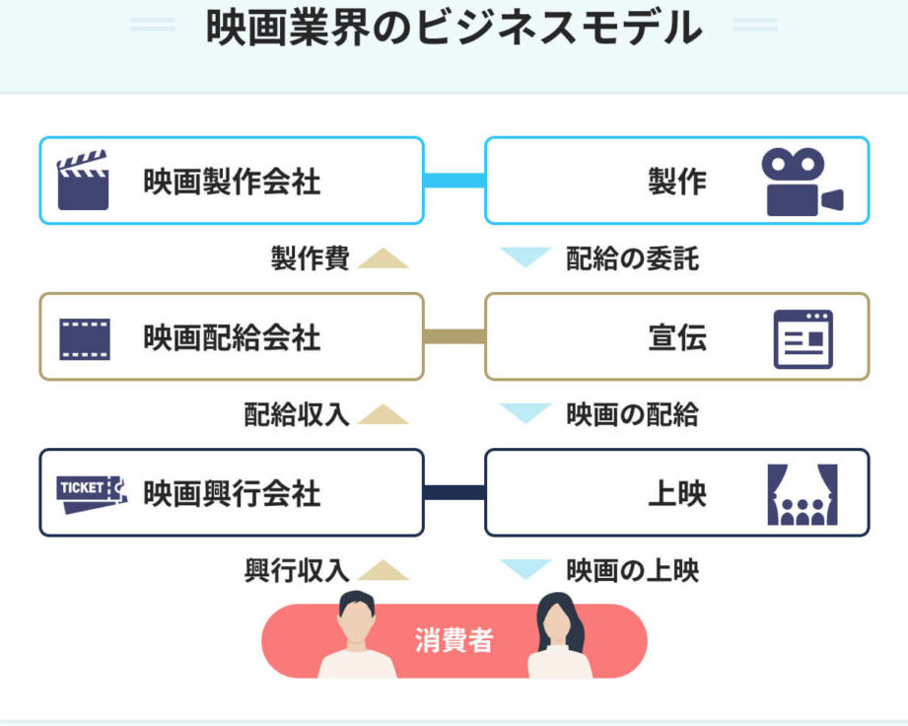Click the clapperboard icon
pos(83,181)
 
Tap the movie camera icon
pos(802,181)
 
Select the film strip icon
pos(84,338)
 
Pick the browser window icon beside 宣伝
pos(803,338)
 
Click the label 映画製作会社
pos(232,181)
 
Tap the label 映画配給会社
pos(232,338)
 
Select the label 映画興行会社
pos(232,493)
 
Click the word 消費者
pos(454,641)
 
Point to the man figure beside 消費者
pos(356,636)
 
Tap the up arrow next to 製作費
pos(383,258)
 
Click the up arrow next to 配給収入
pos(383,414)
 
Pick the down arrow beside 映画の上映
pos(524,569)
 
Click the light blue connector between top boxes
pos(454,181)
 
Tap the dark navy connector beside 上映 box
pos(454,492)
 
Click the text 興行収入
pos(297,570)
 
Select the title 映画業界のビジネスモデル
pos(454,28)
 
